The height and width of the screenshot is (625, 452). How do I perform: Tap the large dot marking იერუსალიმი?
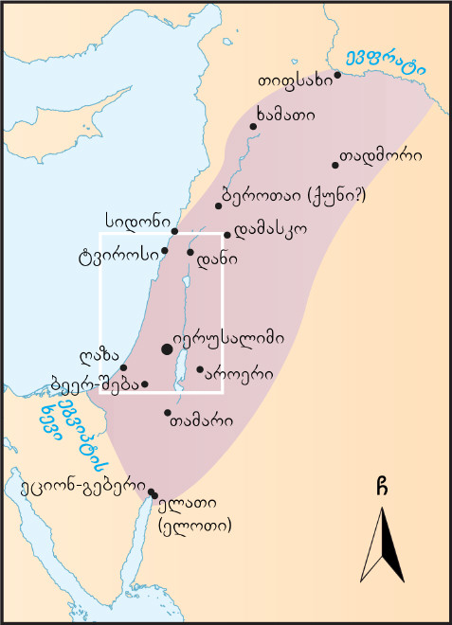pyautogui.click(x=168, y=349)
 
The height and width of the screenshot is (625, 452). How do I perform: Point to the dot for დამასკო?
pyautogui.click(x=227, y=235)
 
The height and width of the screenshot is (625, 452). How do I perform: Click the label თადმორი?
pyautogui.click(x=389, y=156)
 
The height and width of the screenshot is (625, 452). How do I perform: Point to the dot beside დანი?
pyautogui.click(x=190, y=252)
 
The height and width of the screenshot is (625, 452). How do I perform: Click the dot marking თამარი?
pyautogui.click(x=168, y=413)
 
